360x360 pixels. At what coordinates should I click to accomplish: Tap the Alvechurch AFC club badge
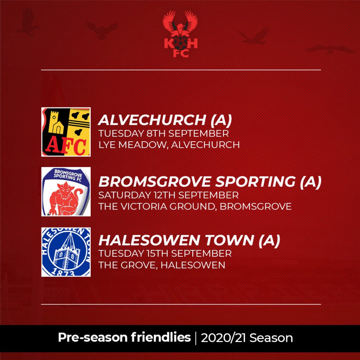[x=66, y=132]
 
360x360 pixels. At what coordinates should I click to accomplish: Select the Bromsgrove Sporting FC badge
[x=66, y=192]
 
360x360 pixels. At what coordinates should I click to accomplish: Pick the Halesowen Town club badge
[x=66, y=252]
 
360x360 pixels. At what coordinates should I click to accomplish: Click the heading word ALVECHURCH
[x=152, y=120]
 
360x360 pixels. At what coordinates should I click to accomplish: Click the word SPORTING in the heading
[x=255, y=182]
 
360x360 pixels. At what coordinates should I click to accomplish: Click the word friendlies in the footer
[x=161, y=337]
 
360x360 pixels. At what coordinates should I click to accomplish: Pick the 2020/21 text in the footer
[x=224, y=338]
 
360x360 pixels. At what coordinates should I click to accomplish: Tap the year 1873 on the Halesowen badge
[x=63, y=272]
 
